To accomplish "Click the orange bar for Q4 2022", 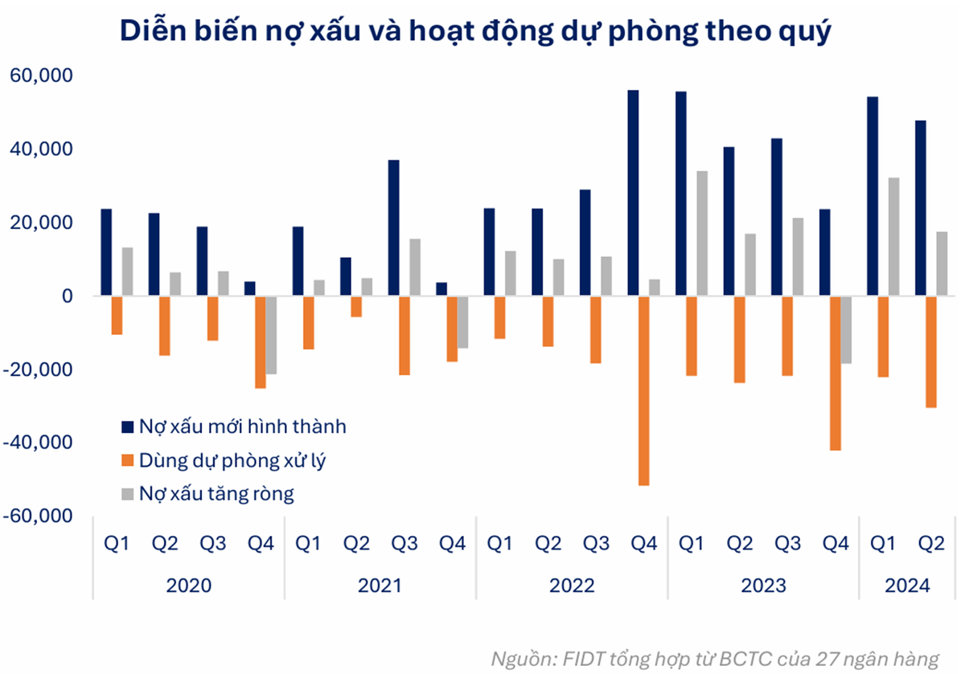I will click(643, 390).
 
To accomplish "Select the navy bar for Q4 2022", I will click(633, 193).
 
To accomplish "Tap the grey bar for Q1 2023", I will click(702, 233).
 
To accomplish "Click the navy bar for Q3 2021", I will click(393, 228).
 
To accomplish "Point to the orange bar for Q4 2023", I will click(835, 373).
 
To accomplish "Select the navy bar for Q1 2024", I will click(873, 196).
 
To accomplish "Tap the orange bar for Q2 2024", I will click(930, 352).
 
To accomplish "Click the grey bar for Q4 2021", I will click(462, 322).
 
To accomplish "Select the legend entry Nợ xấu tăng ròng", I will click(216, 493).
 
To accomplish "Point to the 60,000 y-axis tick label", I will click(41, 76).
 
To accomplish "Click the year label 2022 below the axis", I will click(572, 585).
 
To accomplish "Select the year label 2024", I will click(907, 585).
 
